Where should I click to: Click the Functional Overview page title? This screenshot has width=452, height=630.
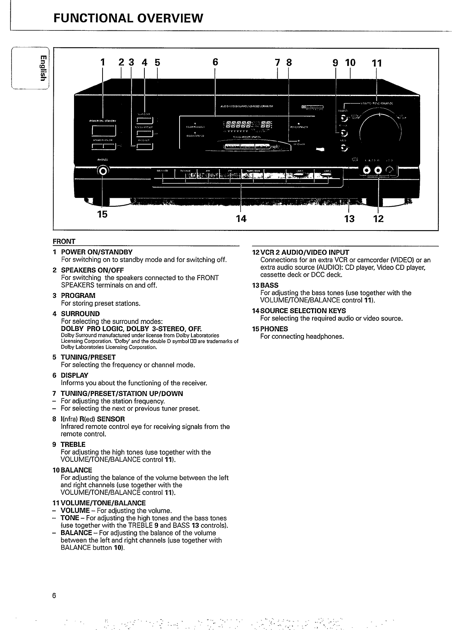pos(128,18)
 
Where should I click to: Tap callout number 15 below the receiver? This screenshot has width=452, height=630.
pos(102,214)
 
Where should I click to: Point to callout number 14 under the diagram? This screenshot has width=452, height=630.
pos(241,219)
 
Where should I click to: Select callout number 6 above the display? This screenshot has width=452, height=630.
pos(215,62)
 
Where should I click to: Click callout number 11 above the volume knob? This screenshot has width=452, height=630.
pos(376,63)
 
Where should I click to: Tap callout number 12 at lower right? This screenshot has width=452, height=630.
pos(378,219)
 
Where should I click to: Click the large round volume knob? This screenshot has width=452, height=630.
pos(381,130)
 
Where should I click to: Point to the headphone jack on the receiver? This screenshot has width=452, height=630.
pos(103,170)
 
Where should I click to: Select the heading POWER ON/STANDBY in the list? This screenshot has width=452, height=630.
pos(97,252)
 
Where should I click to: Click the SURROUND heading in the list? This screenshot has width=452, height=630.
pos(80,314)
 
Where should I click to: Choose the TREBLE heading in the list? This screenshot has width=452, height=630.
pos(73,444)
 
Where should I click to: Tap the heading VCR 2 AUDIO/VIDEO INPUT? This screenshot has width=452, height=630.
pos(305,252)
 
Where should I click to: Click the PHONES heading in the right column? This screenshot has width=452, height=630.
pos(274,329)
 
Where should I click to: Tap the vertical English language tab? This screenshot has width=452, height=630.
pos(43,68)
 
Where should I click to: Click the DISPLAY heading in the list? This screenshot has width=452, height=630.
pos(74,375)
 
